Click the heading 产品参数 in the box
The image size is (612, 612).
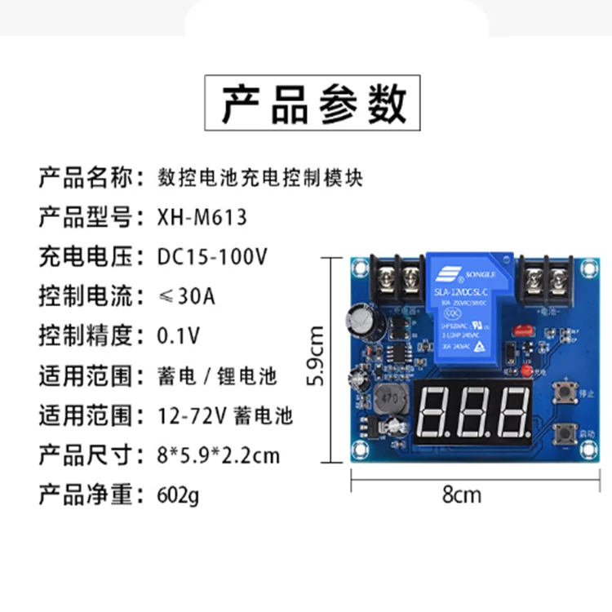pos(312,104)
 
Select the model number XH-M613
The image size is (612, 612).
pos(201,218)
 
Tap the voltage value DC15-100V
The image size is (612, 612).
pos(211,256)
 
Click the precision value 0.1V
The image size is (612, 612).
pos(178,335)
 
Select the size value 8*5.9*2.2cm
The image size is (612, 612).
pos(218,455)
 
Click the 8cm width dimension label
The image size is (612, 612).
pos(461,494)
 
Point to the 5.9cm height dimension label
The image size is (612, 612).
pos(317,356)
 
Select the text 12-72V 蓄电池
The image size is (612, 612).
pos(224,415)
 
